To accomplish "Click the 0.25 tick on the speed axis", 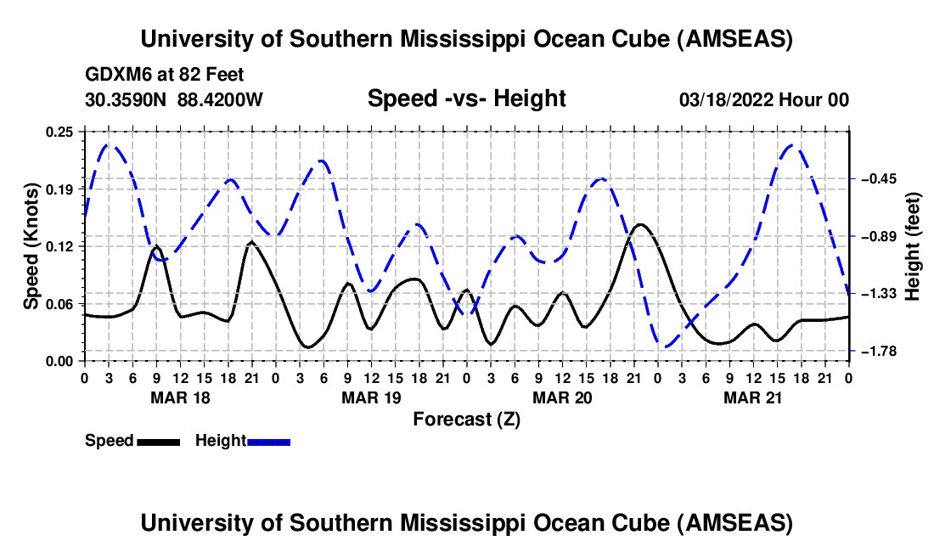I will pyautogui.click(x=61, y=131).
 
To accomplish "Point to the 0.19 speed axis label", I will pyautogui.click(x=61, y=189).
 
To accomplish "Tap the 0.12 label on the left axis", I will pyautogui.click(x=61, y=246).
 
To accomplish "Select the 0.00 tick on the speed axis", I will pyautogui.click(x=61, y=361).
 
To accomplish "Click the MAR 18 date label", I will pyautogui.click(x=179, y=397).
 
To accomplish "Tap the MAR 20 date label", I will pyautogui.click(x=562, y=397).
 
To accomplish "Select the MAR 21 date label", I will pyautogui.click(x=753, y=397).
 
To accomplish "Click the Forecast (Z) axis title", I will pyautogui.click(x=466, y=419).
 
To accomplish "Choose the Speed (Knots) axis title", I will pyautogui.click(x=31, y=245).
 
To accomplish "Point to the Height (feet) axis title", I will pyautogui.click(x=913, y=245).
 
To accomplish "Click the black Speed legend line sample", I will pyautogui.click(x=157, y=442).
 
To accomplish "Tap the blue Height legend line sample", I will pyautogui.click(x=268, y=442).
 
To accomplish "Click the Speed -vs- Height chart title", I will pyautogui.click(x=466, y=99).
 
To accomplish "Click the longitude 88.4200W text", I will pyautogui.click(x=220, y=99).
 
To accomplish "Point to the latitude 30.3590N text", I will pyautogui.click(x=127, y=99).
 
